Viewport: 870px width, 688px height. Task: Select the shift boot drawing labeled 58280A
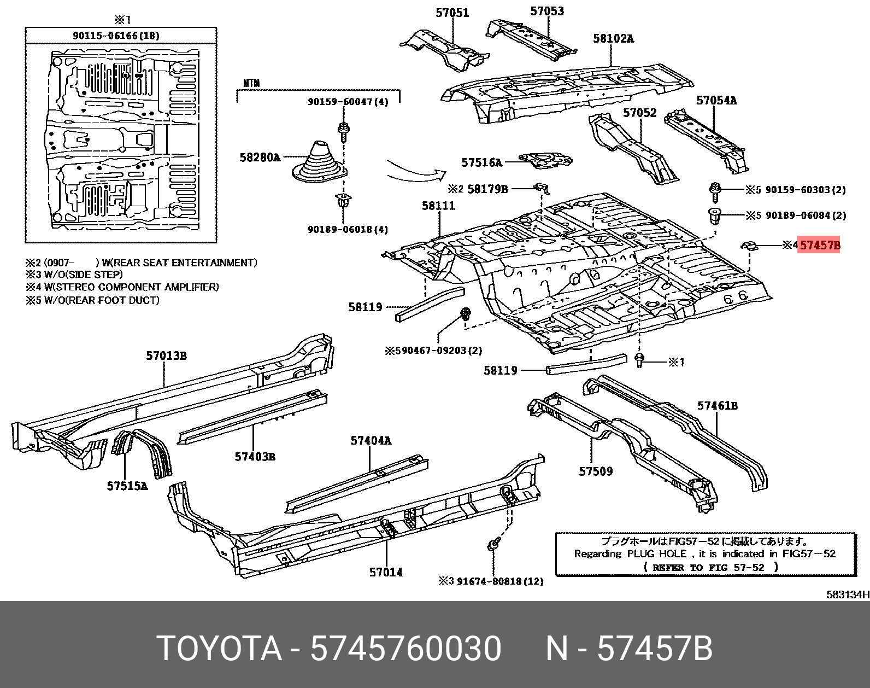pos(319,162)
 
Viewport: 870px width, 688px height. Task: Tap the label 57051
pos(452,13)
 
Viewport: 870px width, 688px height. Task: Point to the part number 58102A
pos(613,38)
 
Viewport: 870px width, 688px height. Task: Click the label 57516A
pos(481,162)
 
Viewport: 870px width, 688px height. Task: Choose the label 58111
pos(438,206)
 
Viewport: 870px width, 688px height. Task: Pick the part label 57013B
pos(167,355)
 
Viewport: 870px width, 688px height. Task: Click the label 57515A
pos(127,486)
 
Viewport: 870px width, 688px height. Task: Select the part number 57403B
pos(255,457)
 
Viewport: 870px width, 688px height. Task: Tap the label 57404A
pos(371,440)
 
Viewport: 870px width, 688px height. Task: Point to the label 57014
pos(386,572)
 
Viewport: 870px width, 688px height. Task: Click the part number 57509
pos(596,471)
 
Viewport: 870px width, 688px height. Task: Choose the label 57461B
pos(718,405)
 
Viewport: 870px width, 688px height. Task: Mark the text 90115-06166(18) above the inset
pos(116,36)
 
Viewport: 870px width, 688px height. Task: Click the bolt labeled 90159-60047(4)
pos(343,131)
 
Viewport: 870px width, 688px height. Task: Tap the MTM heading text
pos(251,83)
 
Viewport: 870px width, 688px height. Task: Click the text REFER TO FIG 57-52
pos(708,567)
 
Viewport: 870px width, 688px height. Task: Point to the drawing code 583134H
pos(848,594)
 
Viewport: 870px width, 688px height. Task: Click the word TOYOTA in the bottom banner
pos(220,648)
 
